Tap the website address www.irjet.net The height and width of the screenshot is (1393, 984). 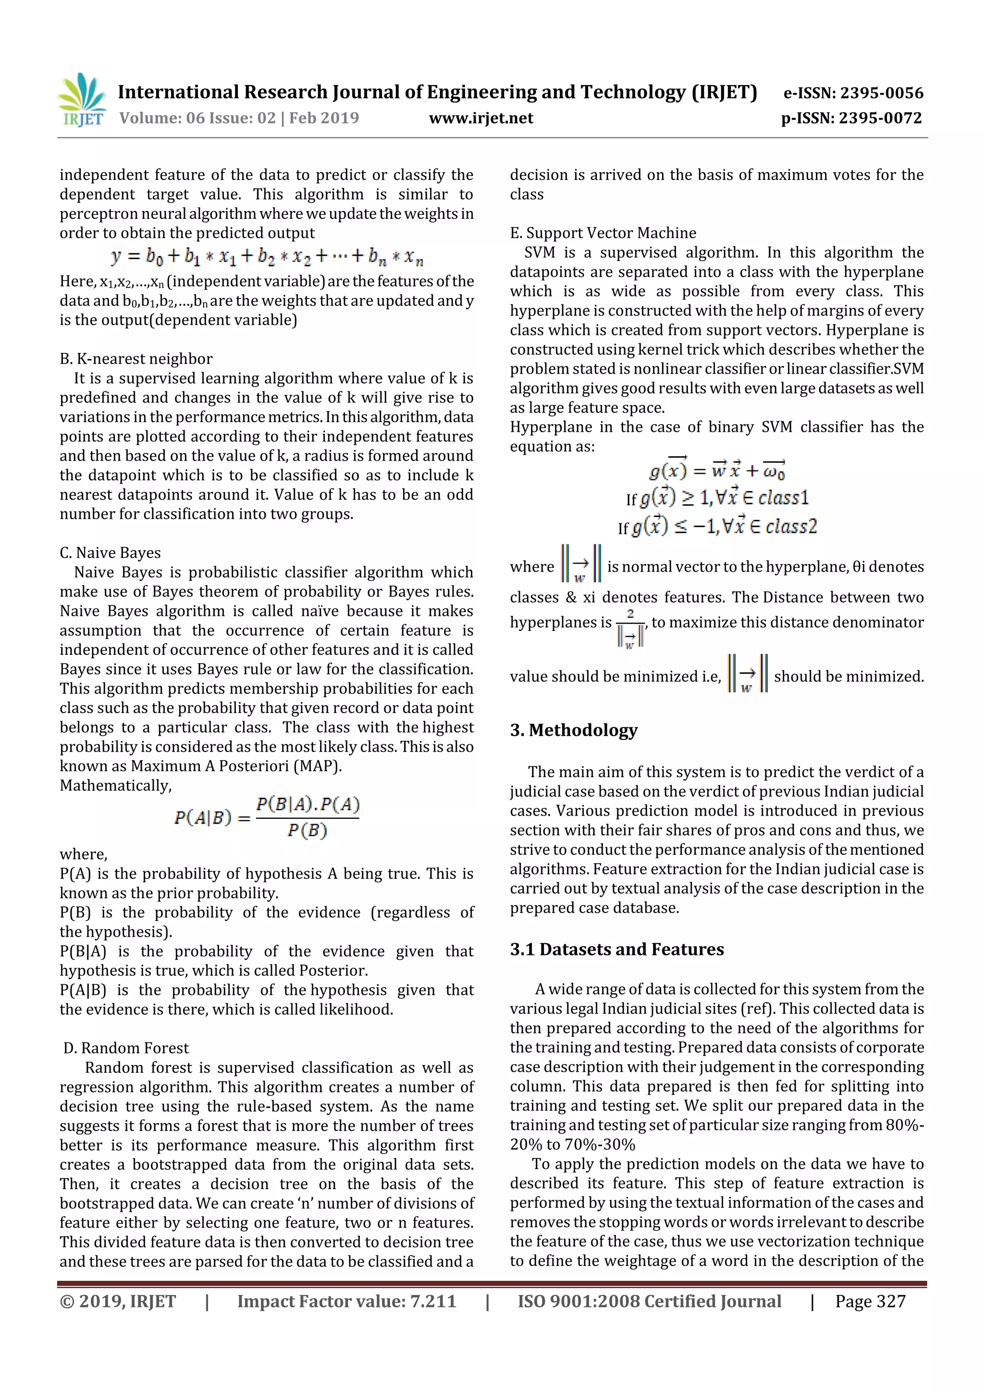[x=481, y=118]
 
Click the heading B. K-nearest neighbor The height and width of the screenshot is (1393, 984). [x=136, y=359]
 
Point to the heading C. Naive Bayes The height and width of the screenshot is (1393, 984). [x=111, y=552]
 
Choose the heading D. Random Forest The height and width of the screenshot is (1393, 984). [x=126, y=1048]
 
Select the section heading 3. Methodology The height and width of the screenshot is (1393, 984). [x=574, y=730]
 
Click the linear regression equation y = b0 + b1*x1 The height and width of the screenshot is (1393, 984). [x=267, y=257]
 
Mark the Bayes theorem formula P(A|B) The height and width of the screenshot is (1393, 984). [x=267, y=817]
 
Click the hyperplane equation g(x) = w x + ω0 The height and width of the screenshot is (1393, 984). [x=717, y=470]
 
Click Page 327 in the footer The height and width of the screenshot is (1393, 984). [x=870, y=1301]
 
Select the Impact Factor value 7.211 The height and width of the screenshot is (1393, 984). [x=346, y=1301]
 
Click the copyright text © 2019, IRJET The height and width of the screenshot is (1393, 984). [x=118, y=1301]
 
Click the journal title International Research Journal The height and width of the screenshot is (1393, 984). [x=437, y=92]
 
